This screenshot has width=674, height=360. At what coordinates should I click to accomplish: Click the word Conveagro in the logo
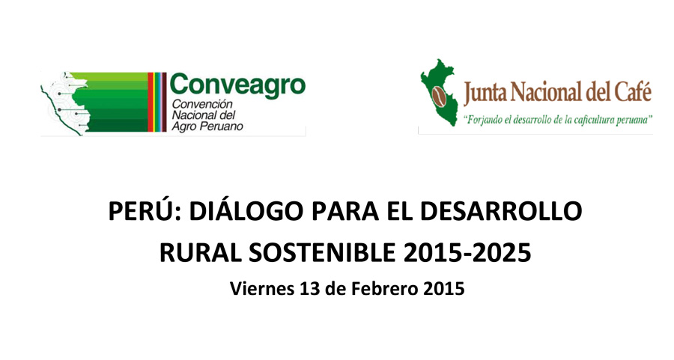pos(237,85)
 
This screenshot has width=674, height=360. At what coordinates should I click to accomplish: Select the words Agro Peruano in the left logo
pos(207,126)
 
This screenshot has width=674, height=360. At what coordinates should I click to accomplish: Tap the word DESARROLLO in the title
pos(501,211)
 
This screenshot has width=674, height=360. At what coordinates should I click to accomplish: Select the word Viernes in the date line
pos(262,288)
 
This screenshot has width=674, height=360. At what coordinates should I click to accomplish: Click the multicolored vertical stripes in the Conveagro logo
pos(157,102)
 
